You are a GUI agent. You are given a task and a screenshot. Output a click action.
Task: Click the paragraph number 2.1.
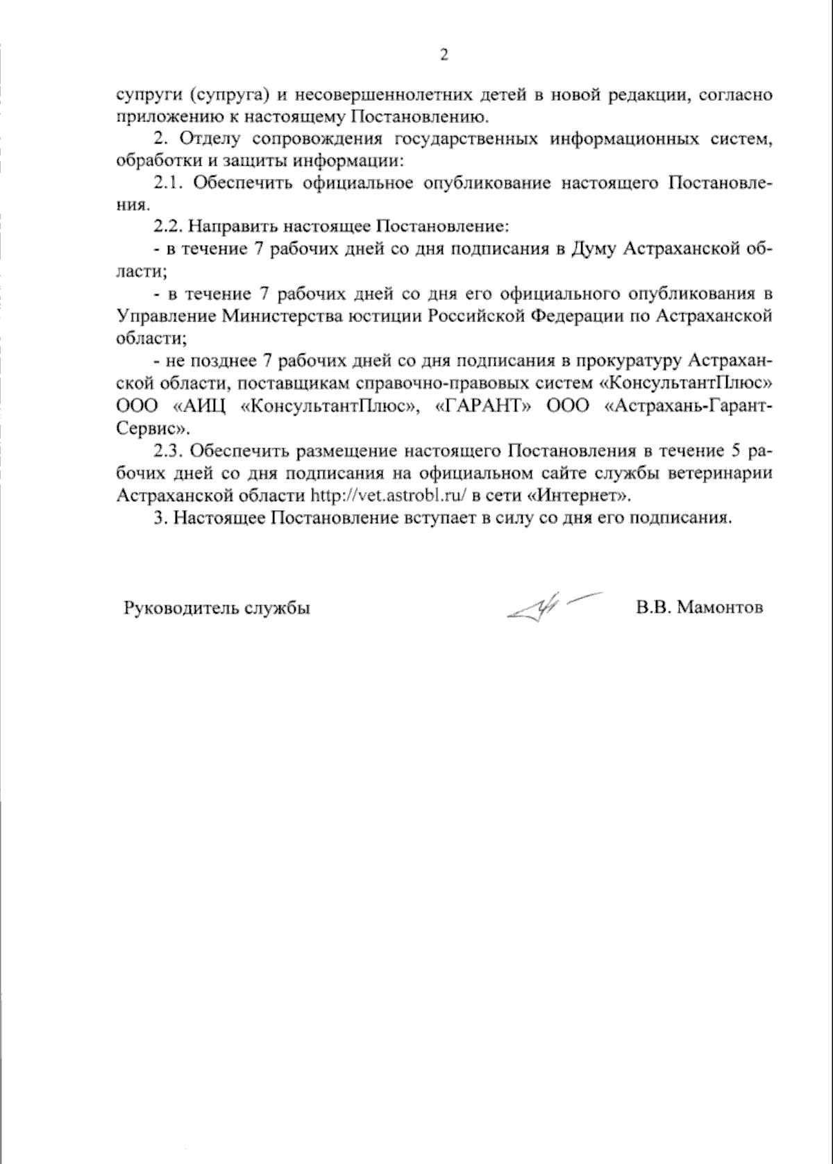168,183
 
